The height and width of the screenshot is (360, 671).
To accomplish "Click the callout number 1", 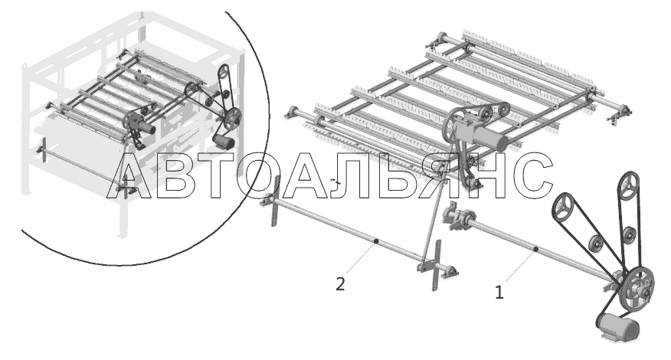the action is [499, 293].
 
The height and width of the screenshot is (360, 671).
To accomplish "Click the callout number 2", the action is [340, 284].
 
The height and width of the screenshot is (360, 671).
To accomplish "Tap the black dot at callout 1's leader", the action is [535, 249].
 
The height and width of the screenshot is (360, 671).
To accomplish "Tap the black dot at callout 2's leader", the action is [376, 242].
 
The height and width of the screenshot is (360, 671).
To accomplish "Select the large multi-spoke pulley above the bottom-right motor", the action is [637, 286].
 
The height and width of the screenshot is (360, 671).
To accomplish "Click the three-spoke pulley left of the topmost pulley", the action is [563, 207].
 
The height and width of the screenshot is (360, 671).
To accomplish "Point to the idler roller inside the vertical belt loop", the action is [628, 235].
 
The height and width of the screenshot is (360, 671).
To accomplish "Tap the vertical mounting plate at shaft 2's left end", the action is [275, 201].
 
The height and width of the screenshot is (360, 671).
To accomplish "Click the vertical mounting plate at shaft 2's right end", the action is [436, 265].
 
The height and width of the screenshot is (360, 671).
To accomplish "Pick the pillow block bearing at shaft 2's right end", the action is [449, 271].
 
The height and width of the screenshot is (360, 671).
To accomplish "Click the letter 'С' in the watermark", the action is [533, 175].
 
